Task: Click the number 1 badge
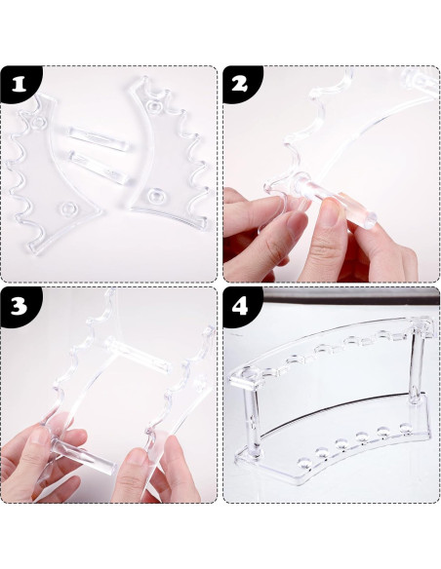(x=19, y=84)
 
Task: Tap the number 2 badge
(x=240, y=84)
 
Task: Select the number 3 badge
(x=19, y=306)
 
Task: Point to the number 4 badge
(x=240, y=306)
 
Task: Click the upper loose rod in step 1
(x=99, y=138)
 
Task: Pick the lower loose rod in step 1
(x=99, y=168)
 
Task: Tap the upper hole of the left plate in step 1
(x=38, y=123)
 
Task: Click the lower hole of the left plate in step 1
(x=68, y=209)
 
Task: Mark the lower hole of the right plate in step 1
(x=156, y=196)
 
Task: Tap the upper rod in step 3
(x=138, y=354)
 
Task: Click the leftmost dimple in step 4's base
(x=302, y=464)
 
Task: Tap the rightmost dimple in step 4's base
(x=405, y=426)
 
